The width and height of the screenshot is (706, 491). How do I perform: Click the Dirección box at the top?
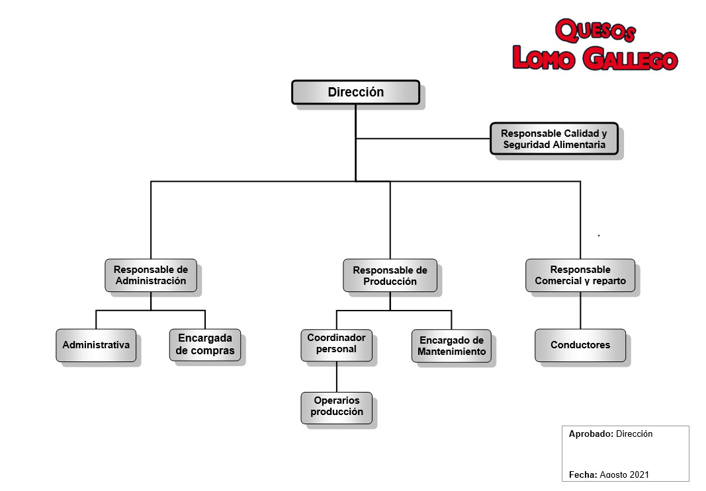coord(356,92)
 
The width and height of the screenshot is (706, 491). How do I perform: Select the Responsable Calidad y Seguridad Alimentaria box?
coord(554,139)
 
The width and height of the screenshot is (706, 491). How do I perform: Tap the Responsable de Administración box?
coord(151,275)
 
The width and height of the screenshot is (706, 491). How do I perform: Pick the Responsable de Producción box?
coord(390,275)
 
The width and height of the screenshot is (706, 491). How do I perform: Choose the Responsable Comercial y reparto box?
coord(580,275)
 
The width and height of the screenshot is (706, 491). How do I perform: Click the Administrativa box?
coord(96,346)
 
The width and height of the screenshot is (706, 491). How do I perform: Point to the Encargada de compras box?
coord(205,345)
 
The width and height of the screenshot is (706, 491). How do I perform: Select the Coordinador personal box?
coord(336,346)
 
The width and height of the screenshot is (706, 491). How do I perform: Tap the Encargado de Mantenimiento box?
coord(451,346)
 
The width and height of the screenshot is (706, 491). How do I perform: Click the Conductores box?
coord(580,346)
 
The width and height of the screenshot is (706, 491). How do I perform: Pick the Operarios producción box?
coord(336,408)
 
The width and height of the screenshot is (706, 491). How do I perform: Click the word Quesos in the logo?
coord(596,31)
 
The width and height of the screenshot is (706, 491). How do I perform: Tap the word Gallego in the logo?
coord(630,58)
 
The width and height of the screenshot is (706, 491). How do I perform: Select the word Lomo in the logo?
coord(544,57)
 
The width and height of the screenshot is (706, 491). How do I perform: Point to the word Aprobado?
coord(591,434)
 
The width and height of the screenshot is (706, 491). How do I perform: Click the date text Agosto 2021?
coord(625,475)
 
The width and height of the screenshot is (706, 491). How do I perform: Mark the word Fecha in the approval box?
coord(583,475)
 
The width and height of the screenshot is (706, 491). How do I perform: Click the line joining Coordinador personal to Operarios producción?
coord(336,377)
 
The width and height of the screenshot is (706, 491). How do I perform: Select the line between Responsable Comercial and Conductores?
coord(580,310)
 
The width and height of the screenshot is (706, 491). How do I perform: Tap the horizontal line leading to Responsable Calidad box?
coord(423,139)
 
